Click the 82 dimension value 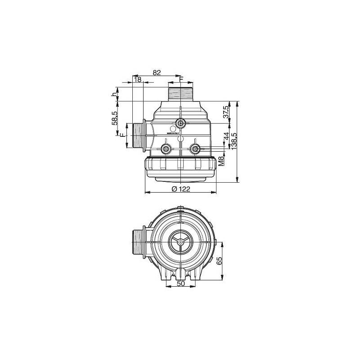coord(157,72)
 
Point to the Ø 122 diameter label coord(180,189)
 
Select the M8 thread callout coord(221,161)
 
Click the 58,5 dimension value coord(115,118)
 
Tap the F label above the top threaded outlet coord(181,79)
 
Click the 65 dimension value coord(220,262)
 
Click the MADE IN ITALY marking coord(173,133)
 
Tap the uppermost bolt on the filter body coord(180,123)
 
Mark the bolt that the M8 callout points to coord(195,149)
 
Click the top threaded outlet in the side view coord(180,94)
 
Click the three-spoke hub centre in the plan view coord(180,243)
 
